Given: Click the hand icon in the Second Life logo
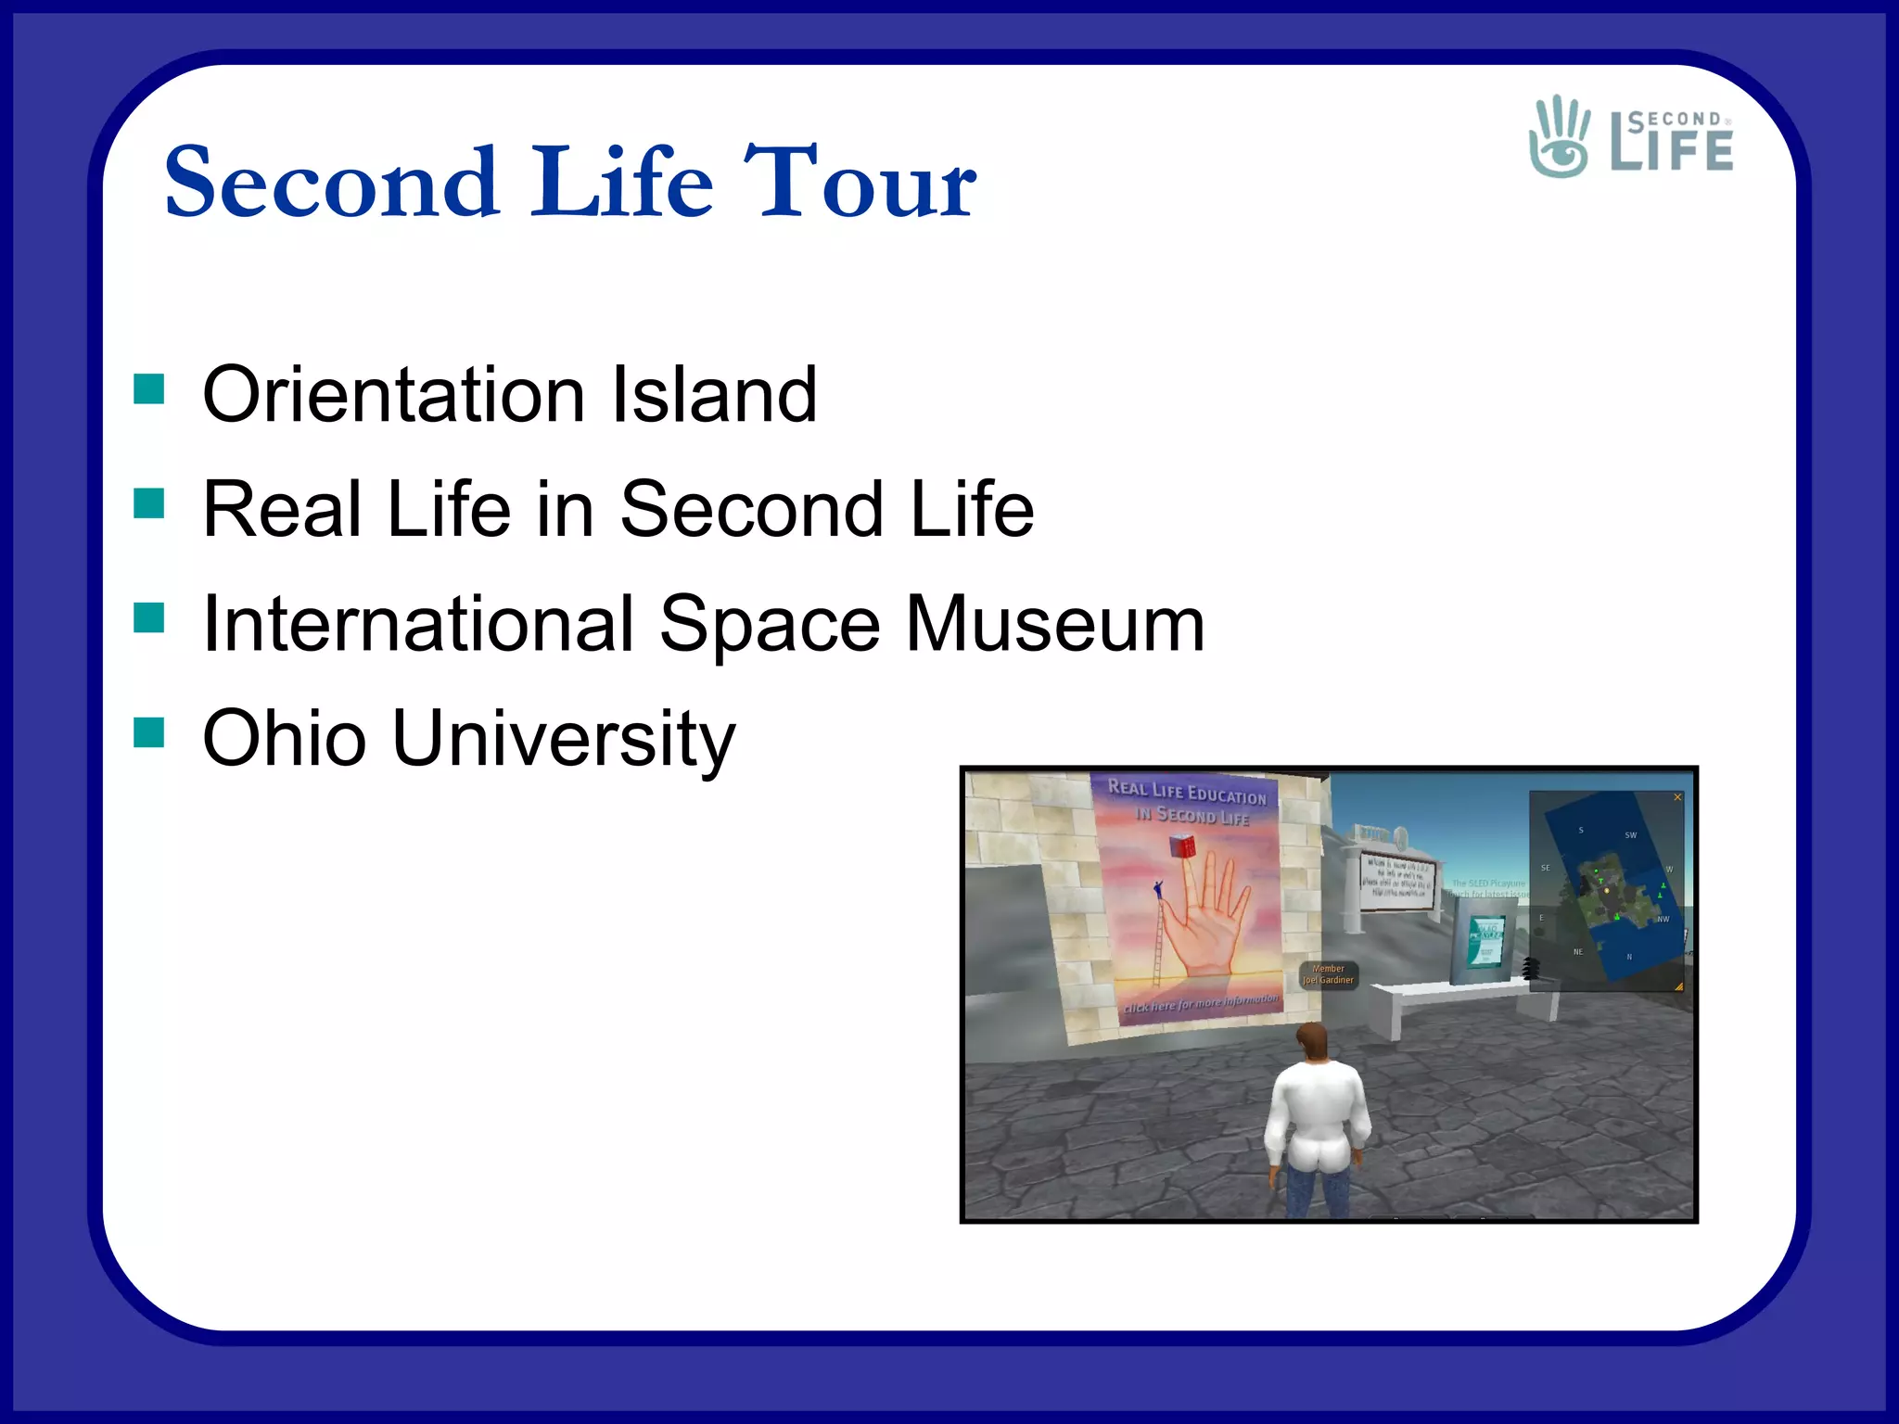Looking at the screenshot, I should (1560, 137).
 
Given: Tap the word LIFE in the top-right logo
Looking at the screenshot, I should (1672, 152).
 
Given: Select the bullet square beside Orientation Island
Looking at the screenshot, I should (148, 389).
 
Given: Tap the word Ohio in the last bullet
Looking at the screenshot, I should (285, 739).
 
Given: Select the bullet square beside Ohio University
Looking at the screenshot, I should (148, 732).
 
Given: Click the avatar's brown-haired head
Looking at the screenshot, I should (1311, 1042).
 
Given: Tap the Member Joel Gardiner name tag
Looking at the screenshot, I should (1328, 974).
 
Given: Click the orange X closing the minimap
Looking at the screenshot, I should (1676, 797).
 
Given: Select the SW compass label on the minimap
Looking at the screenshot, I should (1630, 835).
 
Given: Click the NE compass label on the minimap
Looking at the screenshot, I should (1578, 952).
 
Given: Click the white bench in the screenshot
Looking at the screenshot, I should (1447, 997).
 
